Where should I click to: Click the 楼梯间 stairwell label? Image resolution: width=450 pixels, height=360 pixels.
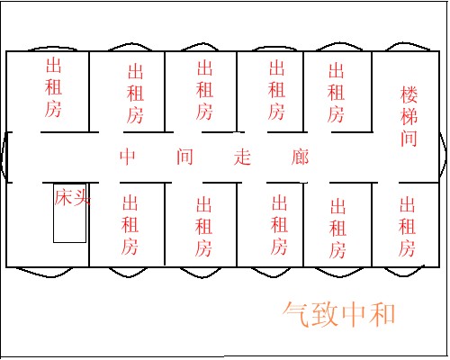click(x=409, y=116)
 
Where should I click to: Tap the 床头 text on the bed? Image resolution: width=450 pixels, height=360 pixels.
click(x=72, y=197)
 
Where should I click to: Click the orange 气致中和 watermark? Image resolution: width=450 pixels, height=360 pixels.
click(x=339, y=314)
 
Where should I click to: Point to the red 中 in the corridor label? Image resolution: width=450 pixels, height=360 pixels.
click(x=128, y=157)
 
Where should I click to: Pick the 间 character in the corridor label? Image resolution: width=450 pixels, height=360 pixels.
click(x=184, y=157)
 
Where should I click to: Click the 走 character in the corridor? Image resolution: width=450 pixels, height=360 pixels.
click(x=242, y=157)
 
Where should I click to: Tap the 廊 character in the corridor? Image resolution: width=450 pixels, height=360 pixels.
click(x=300, y=157)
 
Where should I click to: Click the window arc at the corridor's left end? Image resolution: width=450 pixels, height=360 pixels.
click(x=3, y=157)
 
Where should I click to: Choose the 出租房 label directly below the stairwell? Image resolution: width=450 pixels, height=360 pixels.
click(x=407, y=227)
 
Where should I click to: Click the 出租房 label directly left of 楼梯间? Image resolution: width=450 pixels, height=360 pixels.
click(x=336, y=93)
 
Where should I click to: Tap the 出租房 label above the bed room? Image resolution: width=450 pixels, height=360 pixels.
click(x=53, y=87)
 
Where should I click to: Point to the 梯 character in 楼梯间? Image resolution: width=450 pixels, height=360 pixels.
click(x=409, y=116)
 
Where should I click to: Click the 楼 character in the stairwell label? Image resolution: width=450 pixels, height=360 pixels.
click(x=409, y=95)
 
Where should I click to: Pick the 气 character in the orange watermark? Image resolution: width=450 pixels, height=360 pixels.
click(x=296, y=314)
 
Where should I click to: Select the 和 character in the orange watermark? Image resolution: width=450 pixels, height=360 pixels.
click(x=382, y=314)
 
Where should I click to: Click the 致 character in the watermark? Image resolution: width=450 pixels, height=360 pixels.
click(x=325, y=314)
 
